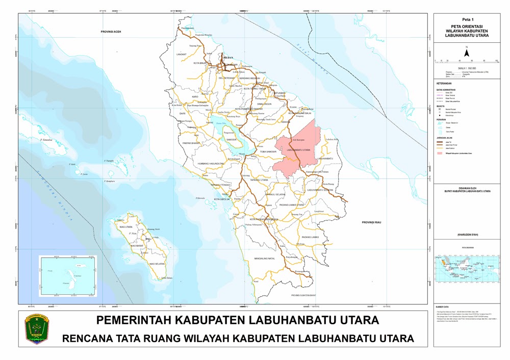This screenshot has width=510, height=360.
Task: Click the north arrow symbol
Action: point(466,51)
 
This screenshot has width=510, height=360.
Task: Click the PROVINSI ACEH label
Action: point(113,32)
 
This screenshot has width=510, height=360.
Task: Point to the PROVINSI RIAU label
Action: point(372,223)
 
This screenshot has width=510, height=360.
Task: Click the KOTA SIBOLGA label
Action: point(223,199)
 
